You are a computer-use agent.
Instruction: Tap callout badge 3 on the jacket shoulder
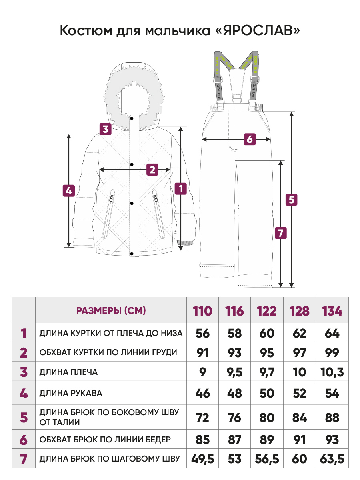(105, 129)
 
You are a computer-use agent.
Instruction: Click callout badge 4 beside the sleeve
(69, 190)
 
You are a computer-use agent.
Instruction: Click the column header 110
(202, 311)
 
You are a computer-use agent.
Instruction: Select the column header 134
(332, 311)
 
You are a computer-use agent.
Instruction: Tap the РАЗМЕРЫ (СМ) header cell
(111, 310)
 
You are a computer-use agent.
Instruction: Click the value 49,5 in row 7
(202, 459)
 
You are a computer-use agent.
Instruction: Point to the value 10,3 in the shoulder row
(332, 372)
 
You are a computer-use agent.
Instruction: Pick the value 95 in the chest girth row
(267, 352)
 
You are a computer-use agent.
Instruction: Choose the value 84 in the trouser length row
(299, 418)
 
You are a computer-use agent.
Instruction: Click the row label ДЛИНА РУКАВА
(70, 393)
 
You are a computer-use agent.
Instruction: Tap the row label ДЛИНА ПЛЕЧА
(68, 372)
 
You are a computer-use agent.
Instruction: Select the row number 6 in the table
(24, 440)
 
